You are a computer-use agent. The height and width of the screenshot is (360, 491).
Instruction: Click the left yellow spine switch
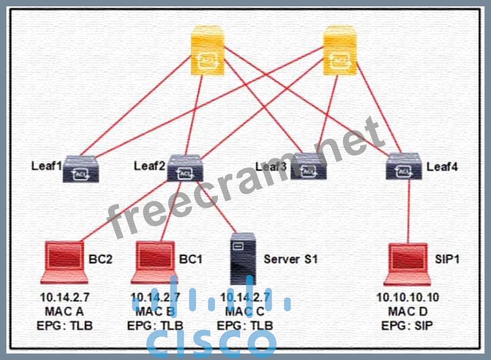click(x=208, y=54)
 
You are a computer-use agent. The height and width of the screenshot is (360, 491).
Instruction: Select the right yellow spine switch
click(x=339, y=54)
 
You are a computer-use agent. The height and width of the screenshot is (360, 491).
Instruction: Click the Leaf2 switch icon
click(x=184, y=168)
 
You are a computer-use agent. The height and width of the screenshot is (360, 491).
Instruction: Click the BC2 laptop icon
click(x=65, y=263)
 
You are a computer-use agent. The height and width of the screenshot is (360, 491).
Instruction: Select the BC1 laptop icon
click(x=156, y=263)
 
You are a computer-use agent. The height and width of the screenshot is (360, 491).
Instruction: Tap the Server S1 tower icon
click(x=243, y=257)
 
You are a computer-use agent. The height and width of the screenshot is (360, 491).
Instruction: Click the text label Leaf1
click(x=47, y=166)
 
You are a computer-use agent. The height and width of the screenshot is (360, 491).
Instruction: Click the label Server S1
click(x=290, y=259)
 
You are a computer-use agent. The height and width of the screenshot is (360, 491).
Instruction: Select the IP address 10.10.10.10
click(x=407, y=298)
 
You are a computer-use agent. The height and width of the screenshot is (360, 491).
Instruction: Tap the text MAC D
click(x=407, y=312)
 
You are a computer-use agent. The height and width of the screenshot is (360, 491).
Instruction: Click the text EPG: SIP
click(x=407, y=325)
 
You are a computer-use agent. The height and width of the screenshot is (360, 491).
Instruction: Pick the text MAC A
click(x=64, y=312)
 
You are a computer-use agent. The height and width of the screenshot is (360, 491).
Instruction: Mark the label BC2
click(x=101, y=259)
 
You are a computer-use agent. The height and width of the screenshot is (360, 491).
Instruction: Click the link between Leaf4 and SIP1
click(x=409, y=210)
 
